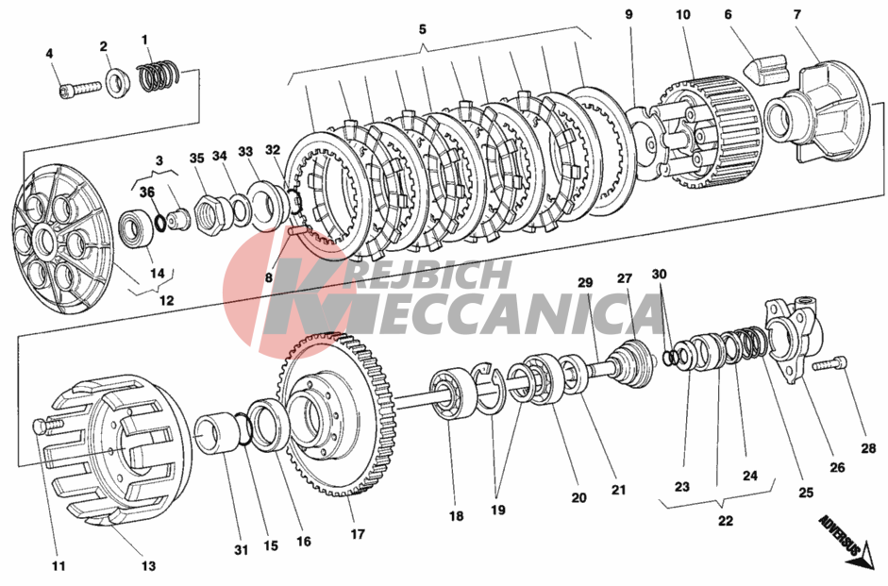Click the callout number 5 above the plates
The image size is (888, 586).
(x=423, y=29)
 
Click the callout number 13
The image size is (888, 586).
(x=148, y=566)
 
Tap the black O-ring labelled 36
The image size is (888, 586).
(x=160, y=222)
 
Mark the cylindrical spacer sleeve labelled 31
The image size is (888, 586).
(x=219, y=435)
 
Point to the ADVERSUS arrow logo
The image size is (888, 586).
(x=841, y=538)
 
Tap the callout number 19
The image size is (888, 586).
(x=498, y=510)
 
